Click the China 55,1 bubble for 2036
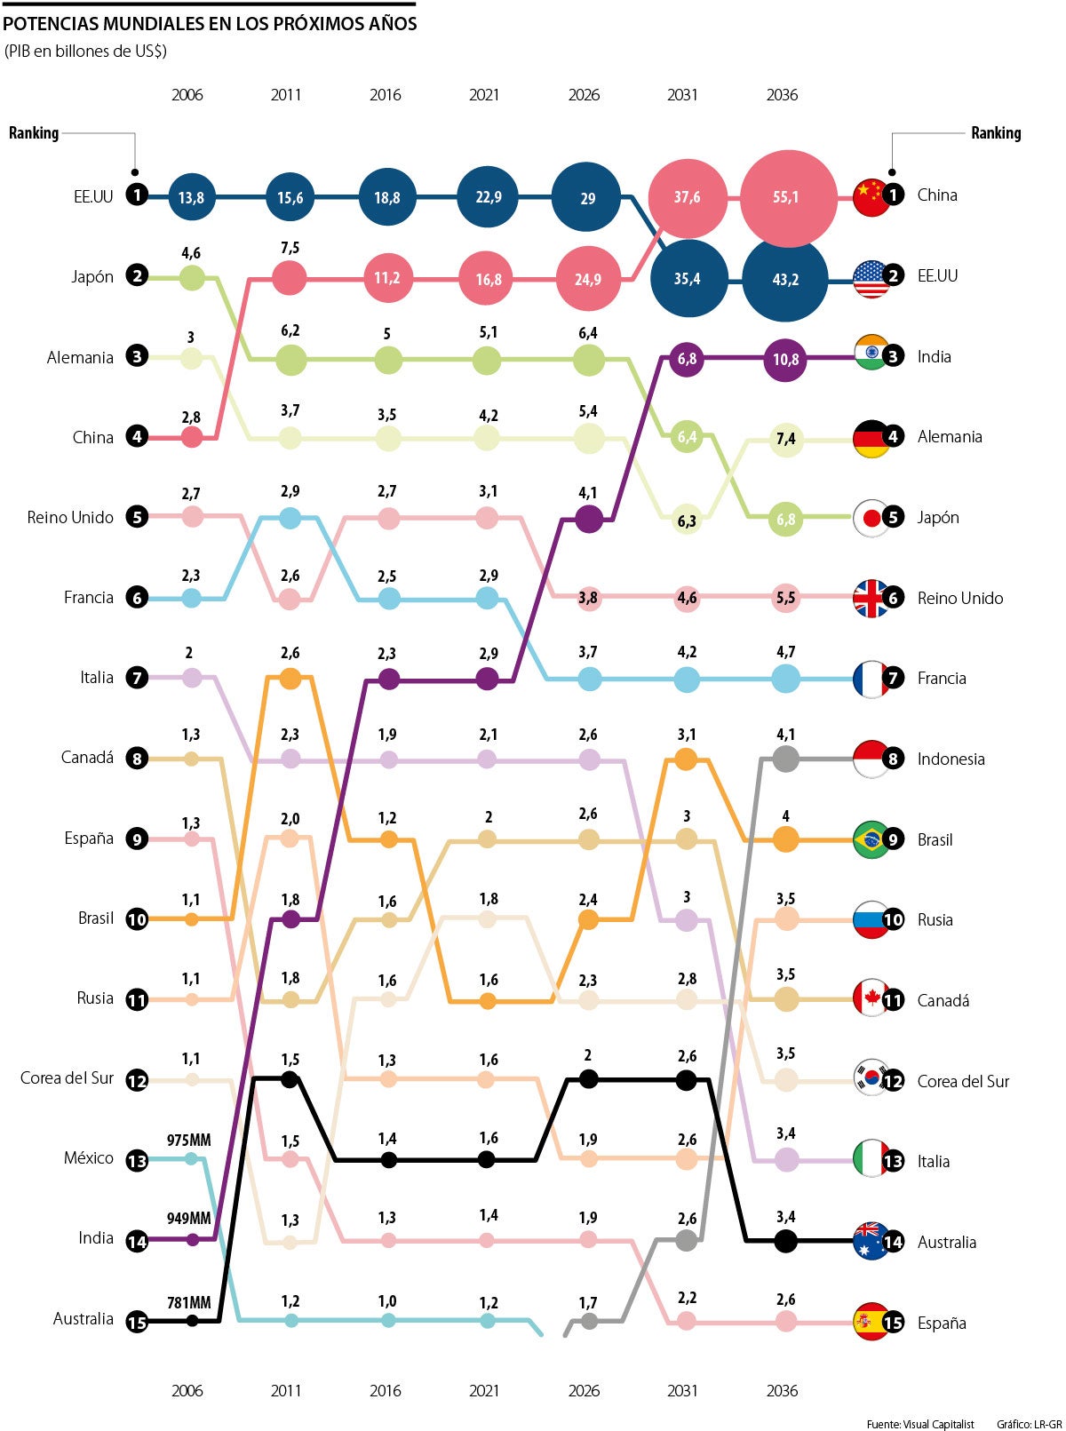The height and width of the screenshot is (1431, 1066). point(787,197)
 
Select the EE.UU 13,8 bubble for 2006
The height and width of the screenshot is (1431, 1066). point(191,197)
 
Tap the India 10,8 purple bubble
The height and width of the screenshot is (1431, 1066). point(785,360)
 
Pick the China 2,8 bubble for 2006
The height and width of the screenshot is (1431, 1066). point(192,437)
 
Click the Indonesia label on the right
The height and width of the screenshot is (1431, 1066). point(951,759)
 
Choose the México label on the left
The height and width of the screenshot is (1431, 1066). point(88,1157)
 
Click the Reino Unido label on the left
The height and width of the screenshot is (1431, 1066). point(70,517)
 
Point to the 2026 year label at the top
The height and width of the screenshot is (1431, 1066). point(584,95)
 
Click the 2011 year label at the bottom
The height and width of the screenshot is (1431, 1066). point(286,1390)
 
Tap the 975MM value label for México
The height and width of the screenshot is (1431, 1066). point(189,1140)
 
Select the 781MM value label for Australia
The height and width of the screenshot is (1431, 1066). point(189,1302)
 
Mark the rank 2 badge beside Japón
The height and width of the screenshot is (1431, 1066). point(137,275)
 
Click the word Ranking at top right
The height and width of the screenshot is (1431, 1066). point(995,133)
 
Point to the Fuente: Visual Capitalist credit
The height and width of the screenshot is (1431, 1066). point(920,1424)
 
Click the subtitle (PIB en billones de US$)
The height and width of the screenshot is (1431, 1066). point(85,51)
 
